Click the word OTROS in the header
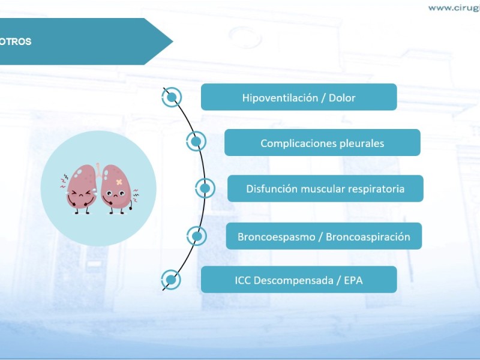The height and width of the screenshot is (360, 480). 16,41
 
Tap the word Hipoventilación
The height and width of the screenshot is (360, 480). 280,98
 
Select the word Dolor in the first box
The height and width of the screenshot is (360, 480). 342,98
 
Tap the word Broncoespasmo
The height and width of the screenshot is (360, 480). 277,237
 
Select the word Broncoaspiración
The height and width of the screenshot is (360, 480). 368,237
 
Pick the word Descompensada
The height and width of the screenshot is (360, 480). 293,280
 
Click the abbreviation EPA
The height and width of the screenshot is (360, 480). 353,280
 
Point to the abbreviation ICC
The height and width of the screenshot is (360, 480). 243,280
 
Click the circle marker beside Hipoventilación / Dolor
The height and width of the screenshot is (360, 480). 172,97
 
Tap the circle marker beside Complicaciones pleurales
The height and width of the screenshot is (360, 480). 196,141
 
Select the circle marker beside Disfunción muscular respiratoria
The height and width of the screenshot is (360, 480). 205,188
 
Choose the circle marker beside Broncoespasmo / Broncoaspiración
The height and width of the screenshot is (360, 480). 197,236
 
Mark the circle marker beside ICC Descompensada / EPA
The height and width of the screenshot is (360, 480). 171,280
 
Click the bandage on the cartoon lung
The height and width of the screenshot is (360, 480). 119,182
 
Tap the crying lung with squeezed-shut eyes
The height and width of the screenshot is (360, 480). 81,189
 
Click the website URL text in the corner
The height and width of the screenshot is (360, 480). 454,8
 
